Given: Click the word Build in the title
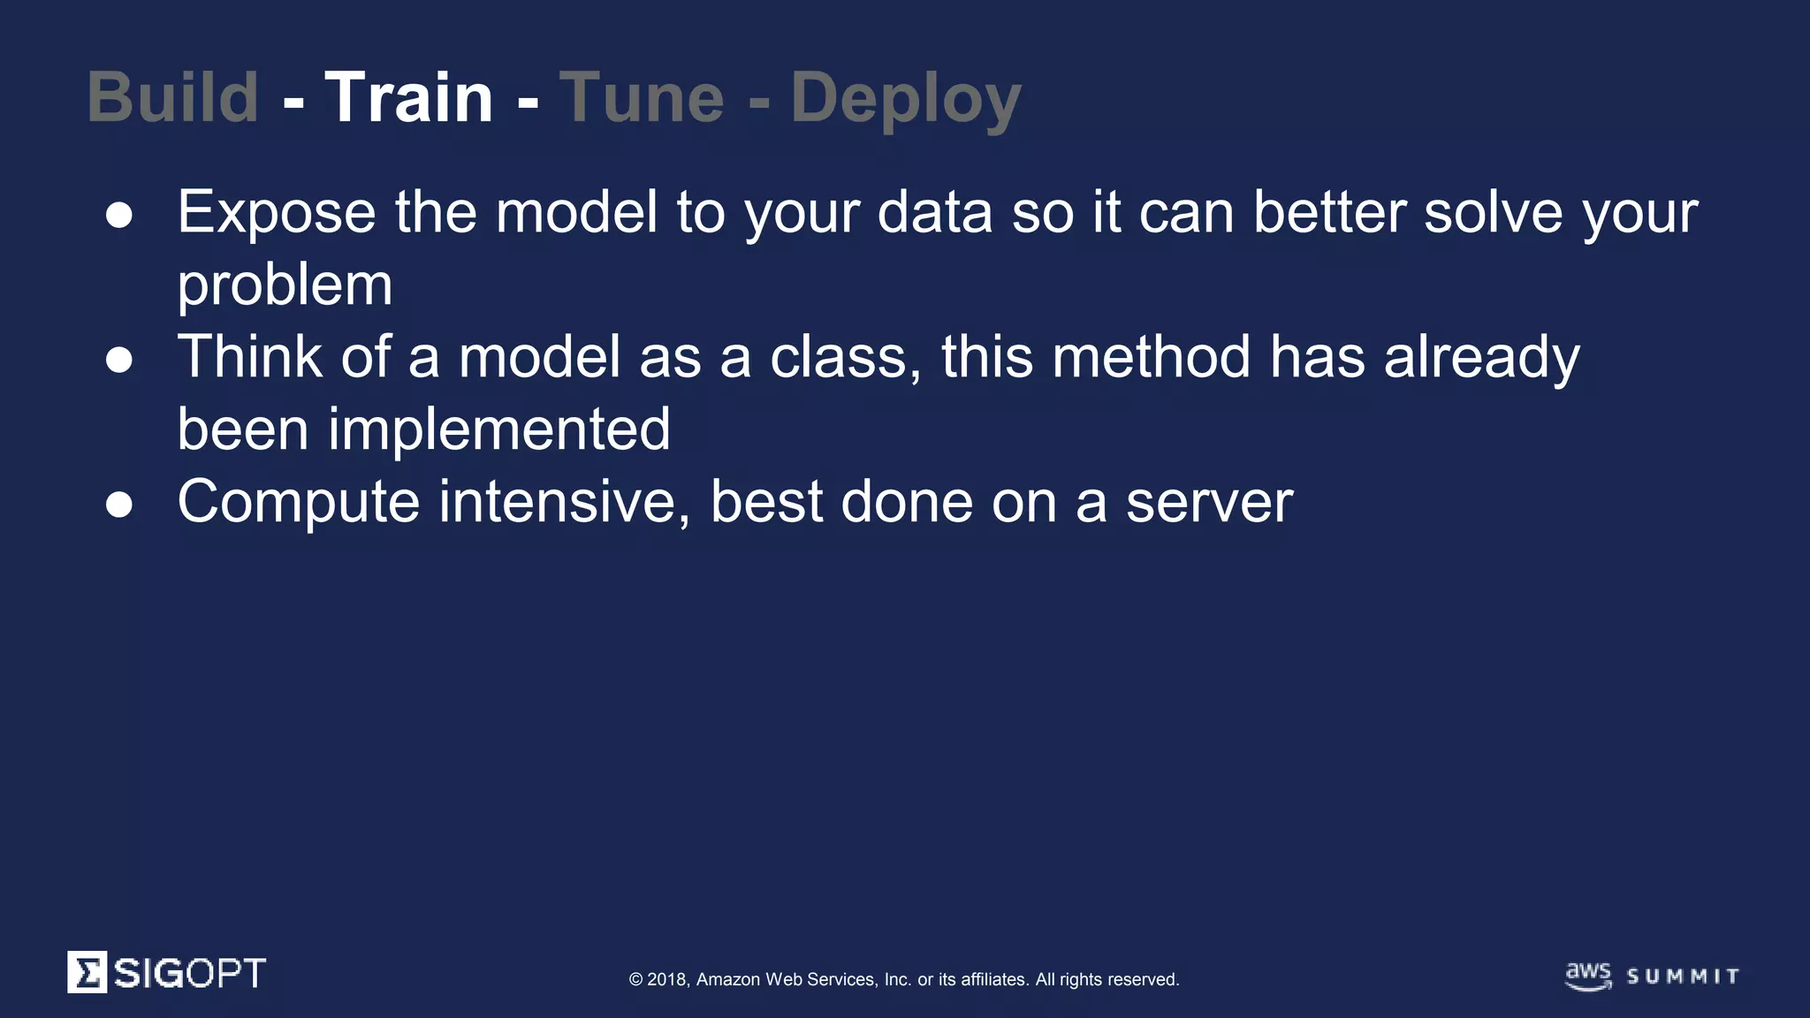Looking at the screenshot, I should click(173, 97).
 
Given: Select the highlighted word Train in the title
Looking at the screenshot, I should click(408, 97).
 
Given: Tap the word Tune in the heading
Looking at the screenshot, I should click(642, 97).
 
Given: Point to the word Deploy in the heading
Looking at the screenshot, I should click(906, 99).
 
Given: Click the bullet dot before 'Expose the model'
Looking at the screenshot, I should click(119, 216).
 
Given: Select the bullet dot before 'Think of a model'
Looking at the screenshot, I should click(119, 361).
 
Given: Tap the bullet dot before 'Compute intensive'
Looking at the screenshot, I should click(119, 505).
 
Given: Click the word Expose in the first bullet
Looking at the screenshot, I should click(277, 213).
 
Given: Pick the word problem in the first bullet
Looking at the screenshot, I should click(285, 285).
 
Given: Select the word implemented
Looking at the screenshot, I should click(499, 429).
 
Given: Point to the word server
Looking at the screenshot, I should click(1209, 502).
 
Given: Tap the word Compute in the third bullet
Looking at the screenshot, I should click(299, 502).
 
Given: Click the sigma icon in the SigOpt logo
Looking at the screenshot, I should click(87, 972).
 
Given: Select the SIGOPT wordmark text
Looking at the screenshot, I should click(189, 973).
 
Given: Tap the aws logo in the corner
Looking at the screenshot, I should click(1588, 976).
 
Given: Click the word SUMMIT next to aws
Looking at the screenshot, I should click(1683, 976).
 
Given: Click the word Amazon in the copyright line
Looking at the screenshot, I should click(727, 979).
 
